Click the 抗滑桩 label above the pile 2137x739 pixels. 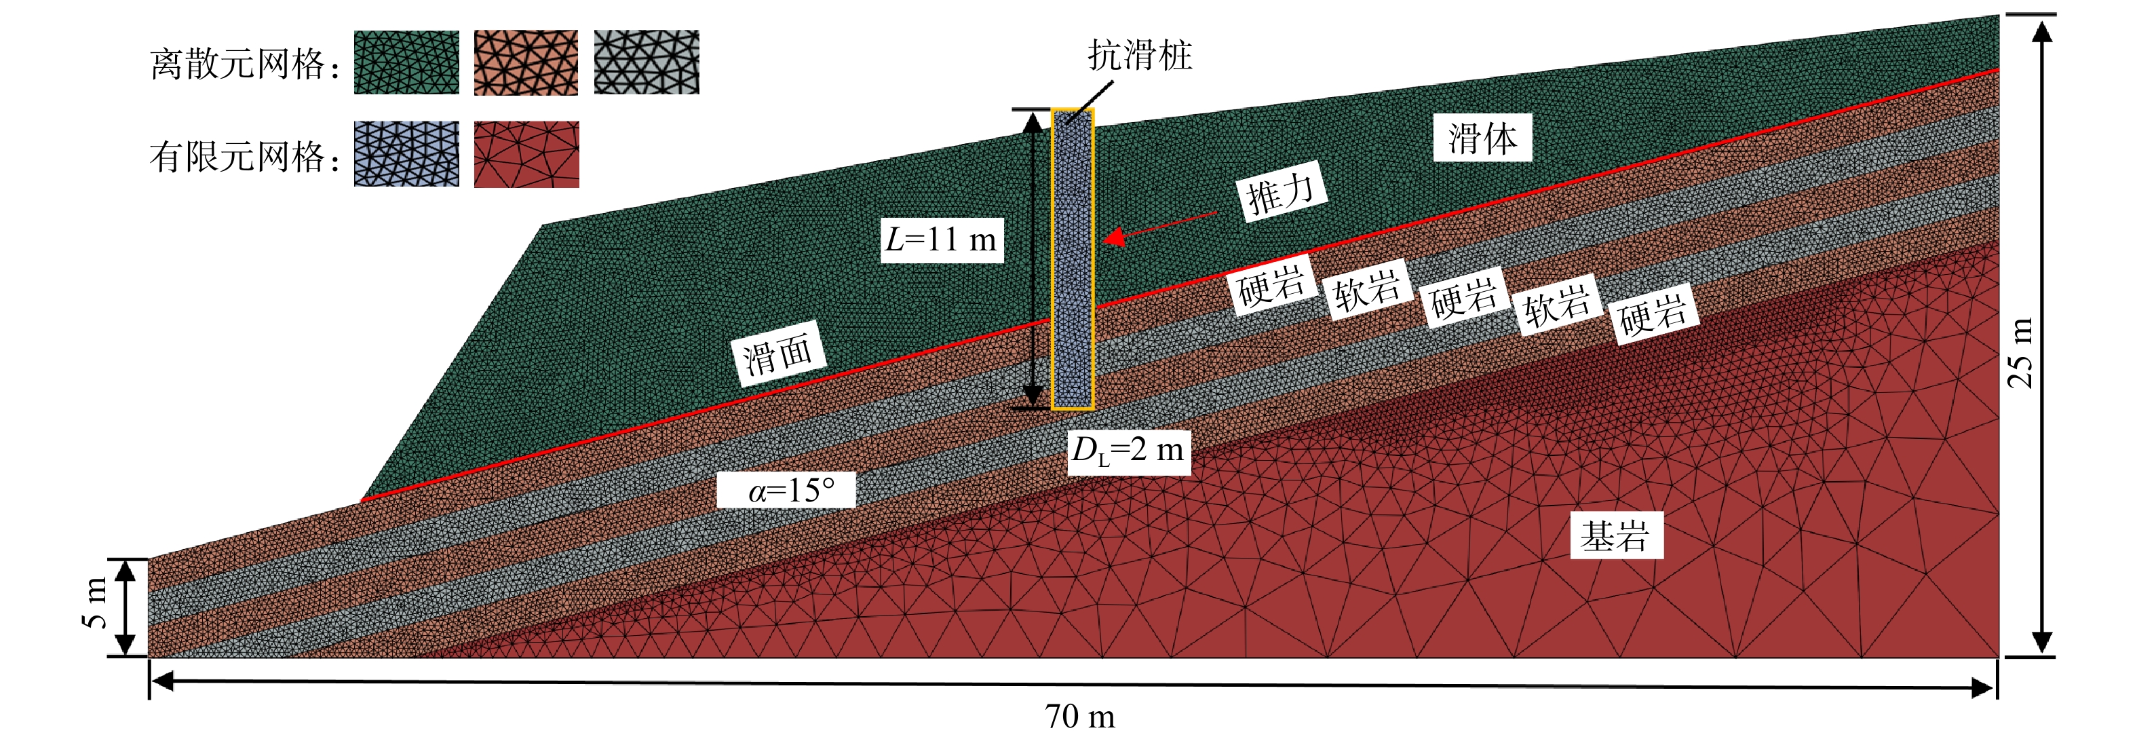tap(1139, 56)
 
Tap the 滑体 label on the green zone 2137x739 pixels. tap(1482, 138)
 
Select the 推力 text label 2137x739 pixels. tap(1282, 193)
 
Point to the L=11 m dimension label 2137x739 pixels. tap(942, 240)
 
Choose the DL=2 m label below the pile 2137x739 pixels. tap(1128, 451)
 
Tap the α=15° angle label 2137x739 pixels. tap(786, 489)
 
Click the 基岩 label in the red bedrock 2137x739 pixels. tap(1615, 536)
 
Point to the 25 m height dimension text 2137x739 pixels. tap(2021, 352)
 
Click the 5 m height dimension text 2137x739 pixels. tap(96, 603)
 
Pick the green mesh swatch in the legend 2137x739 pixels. tap(406, 62)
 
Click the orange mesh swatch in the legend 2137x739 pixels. tap(526, 62)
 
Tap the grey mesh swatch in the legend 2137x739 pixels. tap(647, 62)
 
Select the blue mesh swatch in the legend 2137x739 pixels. tap(406, 154)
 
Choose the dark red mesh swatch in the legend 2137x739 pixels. tap(526, 154)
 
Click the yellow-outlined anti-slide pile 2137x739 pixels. tap(1073, 259)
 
